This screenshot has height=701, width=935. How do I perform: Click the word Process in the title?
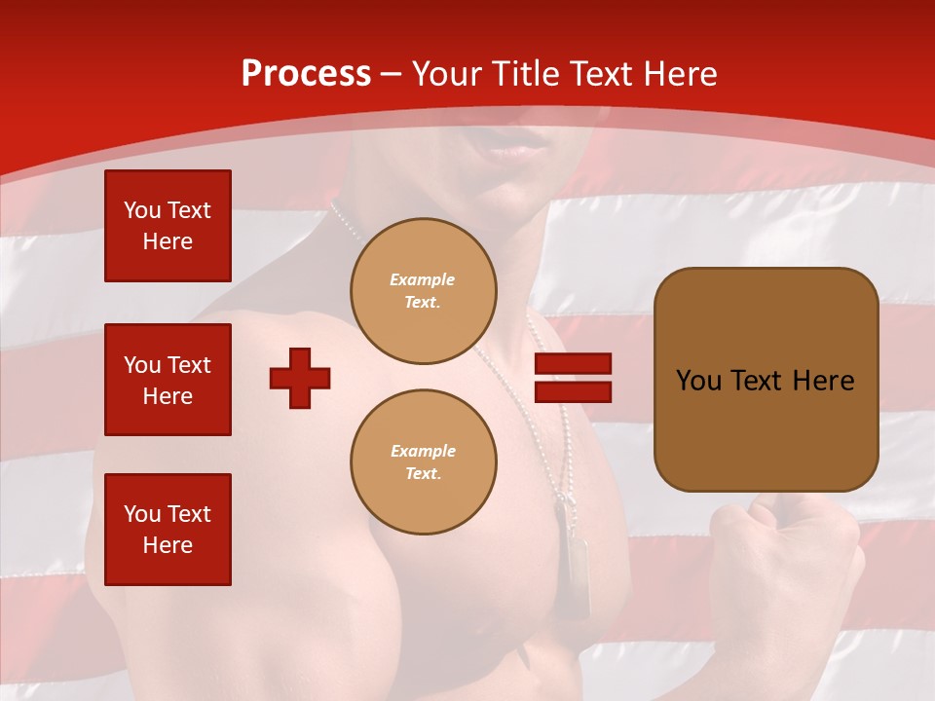coord(306,74)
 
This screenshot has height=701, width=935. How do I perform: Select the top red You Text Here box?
coord(168,226)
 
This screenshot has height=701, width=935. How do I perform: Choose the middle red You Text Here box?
coord(168,380)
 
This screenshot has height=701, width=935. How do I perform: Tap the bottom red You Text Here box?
coord(168,530)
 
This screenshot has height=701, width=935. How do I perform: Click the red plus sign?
coord(300,378)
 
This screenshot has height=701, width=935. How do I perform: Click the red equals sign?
coord(573,378)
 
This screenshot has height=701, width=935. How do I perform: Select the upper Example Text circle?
coord(424,290)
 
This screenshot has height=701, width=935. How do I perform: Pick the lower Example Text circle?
coord(424,461)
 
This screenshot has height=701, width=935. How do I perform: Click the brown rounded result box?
coord(766,380)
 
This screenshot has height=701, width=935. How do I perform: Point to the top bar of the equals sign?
coord(573,364)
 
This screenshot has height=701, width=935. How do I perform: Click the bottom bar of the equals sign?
coord(573,391)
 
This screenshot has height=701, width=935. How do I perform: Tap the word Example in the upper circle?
coord(422,279)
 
